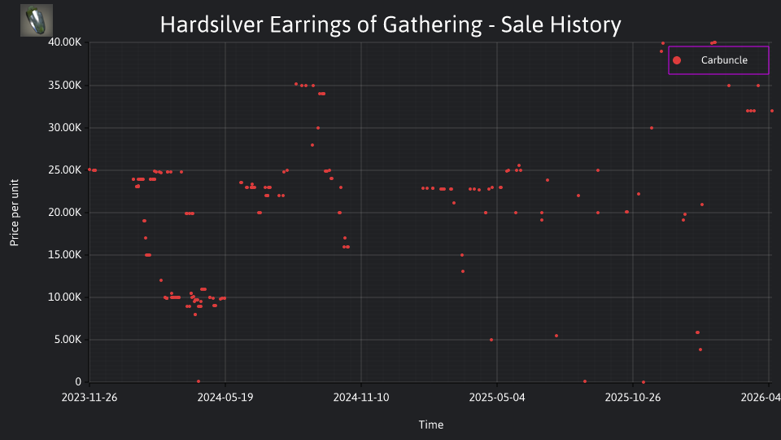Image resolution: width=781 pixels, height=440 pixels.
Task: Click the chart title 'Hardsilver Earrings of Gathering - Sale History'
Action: click(390, 24)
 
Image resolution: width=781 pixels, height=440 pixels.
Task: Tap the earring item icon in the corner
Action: click(37, 20)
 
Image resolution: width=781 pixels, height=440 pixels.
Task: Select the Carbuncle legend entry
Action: click(718, 60)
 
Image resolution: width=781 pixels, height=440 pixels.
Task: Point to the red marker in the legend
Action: click(676, 60)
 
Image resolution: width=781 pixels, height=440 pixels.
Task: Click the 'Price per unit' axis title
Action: click(15, 213)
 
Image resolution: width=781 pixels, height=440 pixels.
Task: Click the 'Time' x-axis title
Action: click(431, 425)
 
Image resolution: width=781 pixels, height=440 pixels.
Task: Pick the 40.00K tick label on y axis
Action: click(65, 42)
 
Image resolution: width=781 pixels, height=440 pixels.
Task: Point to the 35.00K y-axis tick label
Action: click(65, 86)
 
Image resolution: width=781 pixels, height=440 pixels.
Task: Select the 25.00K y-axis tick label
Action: click(65, 170)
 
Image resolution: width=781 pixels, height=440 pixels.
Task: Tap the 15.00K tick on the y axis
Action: click(65, 255)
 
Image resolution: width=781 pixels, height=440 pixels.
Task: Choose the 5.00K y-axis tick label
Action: click(68, 340)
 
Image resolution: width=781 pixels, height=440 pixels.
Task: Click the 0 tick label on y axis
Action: click(78, 381)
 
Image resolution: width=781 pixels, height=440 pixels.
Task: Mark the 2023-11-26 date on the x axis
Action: click(89, 398)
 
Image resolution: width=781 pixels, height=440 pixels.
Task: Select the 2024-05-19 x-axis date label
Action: click(225, 398)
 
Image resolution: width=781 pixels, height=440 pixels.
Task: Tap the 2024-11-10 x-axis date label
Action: click(361, 398)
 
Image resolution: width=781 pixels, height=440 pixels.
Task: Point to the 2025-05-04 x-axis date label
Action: click(497, 398)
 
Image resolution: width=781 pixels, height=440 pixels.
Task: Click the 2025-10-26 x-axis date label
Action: click(633, 398)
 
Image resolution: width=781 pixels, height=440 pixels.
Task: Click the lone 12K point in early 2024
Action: click(161, 280)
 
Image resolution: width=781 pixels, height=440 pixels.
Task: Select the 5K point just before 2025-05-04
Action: click(491, 340)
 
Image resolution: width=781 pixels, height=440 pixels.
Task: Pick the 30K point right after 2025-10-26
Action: click(652, 128)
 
